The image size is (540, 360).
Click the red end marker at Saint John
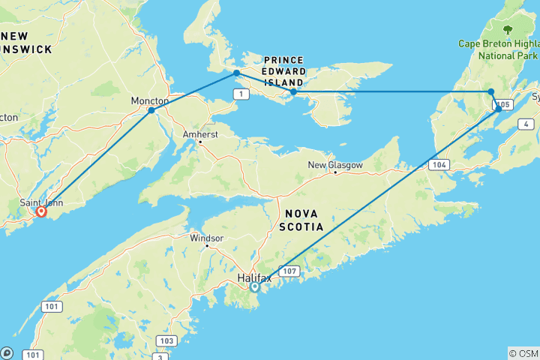[x=41, y=212]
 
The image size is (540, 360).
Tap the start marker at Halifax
[x=255, y=286]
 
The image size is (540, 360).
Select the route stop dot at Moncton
[x=151, y=110]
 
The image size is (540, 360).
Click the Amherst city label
[x=199, y=134]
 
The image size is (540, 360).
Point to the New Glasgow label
[x=334, y=165]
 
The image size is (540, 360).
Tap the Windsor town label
[x=206, y=238]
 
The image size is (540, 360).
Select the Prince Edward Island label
[x=283, y=71]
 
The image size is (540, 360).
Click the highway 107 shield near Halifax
[x=289, y=269]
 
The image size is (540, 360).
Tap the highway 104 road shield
[x=440, y=163]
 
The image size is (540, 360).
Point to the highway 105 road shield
[x=503, y=104]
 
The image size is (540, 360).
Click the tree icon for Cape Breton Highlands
[x=508, y=30]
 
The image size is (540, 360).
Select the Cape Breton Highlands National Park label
[x=499, y=49]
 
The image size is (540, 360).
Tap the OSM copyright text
[x=523, y=353]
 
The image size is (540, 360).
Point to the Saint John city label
[x=41, y=202]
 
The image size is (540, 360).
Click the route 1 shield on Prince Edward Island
[x=241, y=93]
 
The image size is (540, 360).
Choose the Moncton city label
[x=149, y=100]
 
